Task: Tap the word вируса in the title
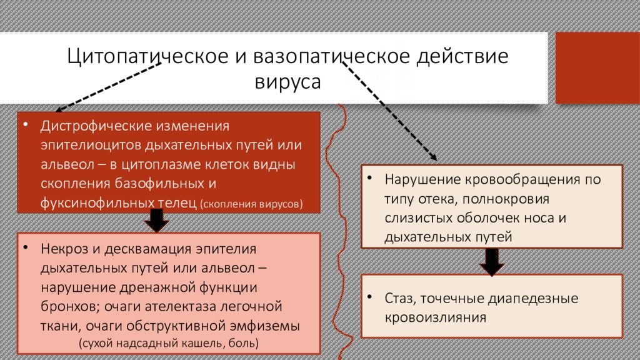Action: coord(287,82)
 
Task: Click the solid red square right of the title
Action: coord(597,67)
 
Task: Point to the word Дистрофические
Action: coord(94,126)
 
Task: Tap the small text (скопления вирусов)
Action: coord(252,204)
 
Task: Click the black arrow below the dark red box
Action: coord(157,221)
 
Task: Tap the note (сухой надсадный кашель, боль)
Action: coord(169,343)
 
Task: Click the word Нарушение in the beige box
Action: coord(419,180)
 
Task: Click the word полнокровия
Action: coord(506,199)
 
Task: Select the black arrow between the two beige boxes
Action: coord(492,262)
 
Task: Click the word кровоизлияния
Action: coord(435,318)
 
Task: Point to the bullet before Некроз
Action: coord(26,247)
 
